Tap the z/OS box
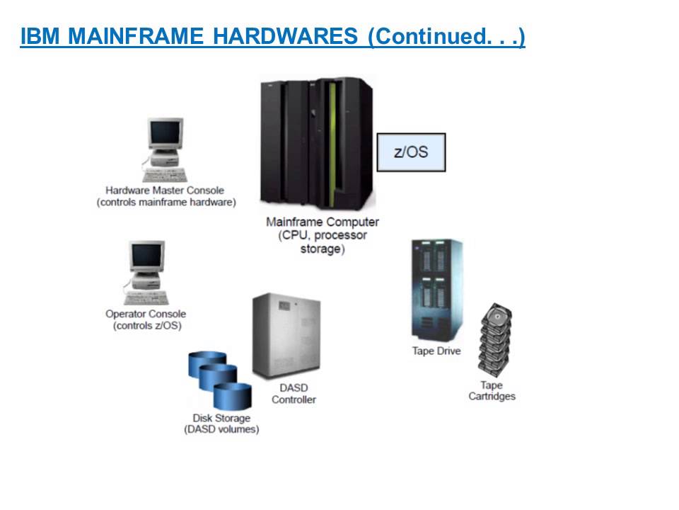pos(411,152)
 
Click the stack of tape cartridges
pos(494,341)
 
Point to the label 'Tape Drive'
pos(436,351)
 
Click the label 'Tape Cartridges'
pos(492,391)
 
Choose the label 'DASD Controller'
pos(294,394)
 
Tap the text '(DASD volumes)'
pos(221,429)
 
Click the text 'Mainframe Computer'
pos(322,222)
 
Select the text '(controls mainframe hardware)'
pos(166,202)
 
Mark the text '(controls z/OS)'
pos(146,326)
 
